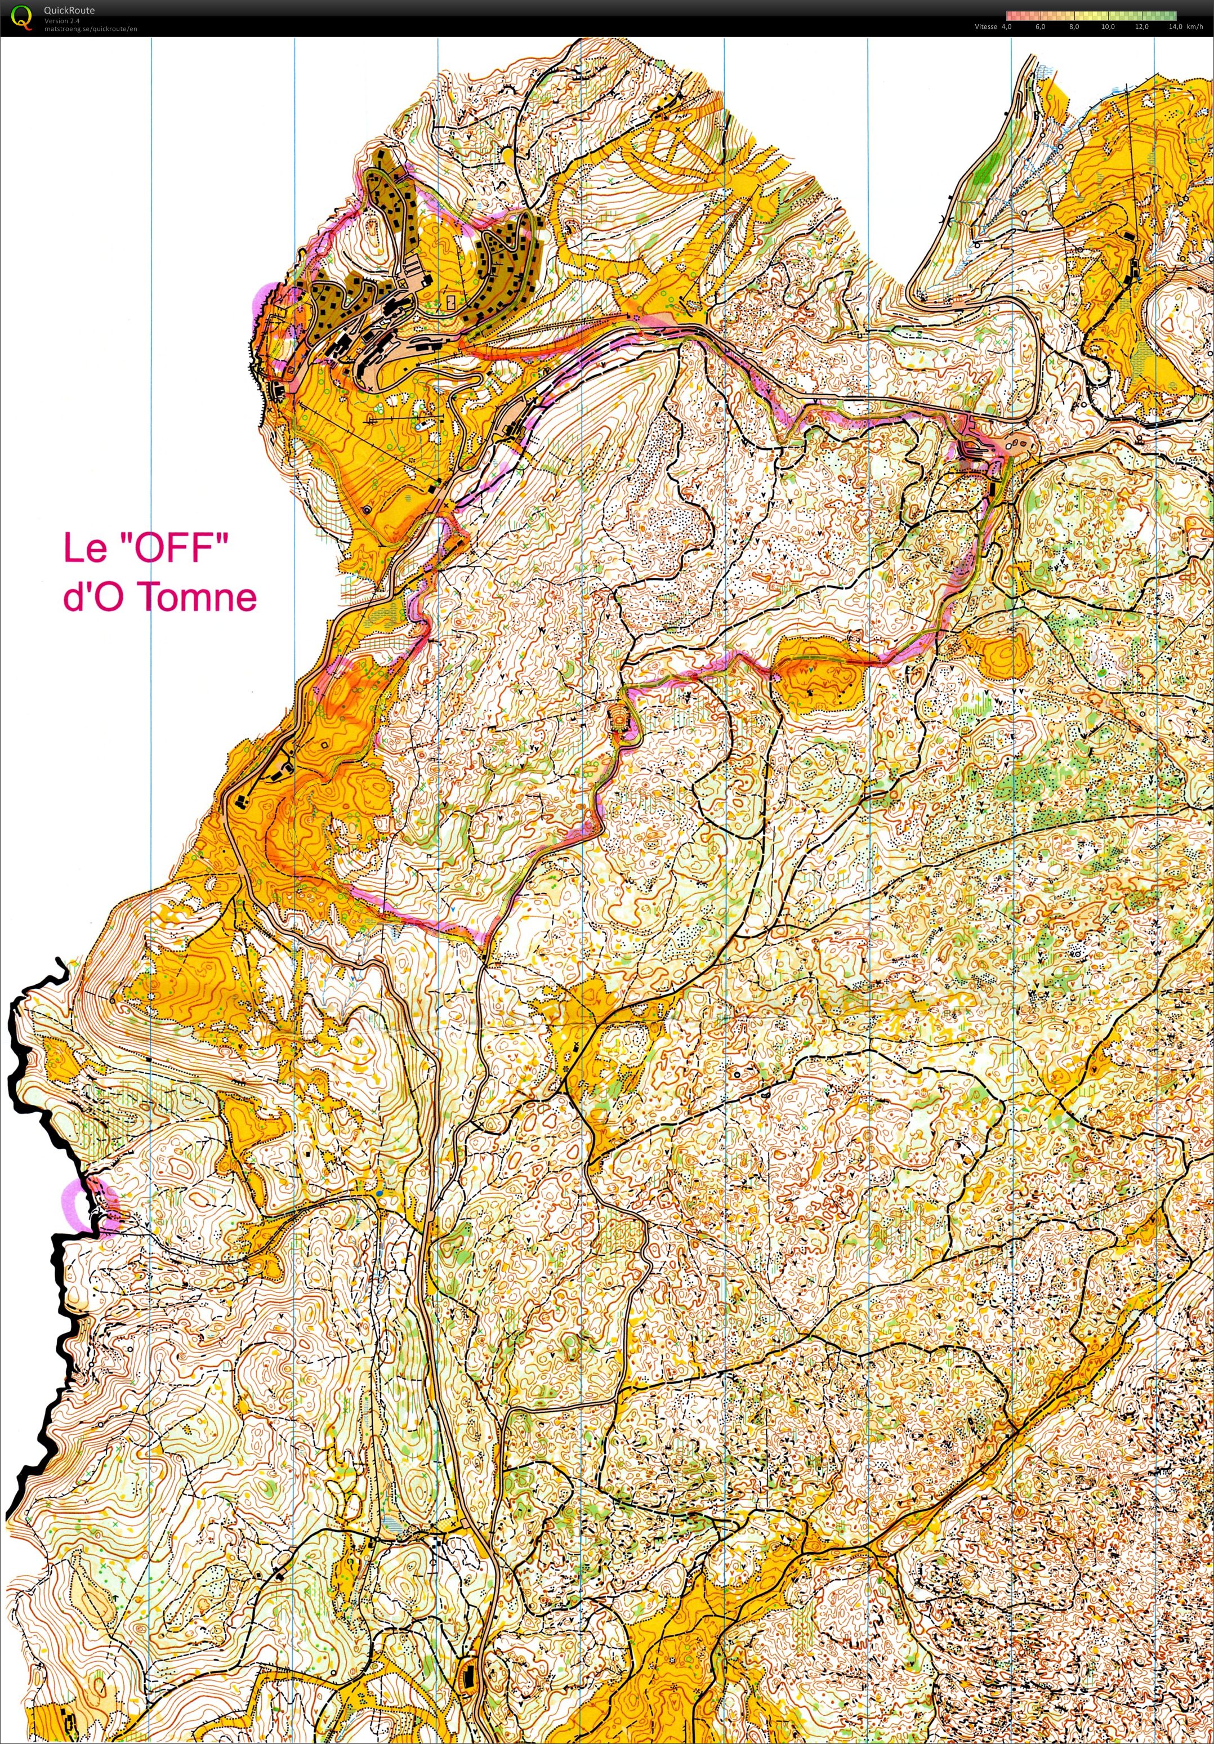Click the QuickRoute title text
click(69, 11)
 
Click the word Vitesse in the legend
click(985, 26)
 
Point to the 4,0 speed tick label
click(1007, 26)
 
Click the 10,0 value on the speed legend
click(1108, 26)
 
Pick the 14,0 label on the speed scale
click(1175, 26)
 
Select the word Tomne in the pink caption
click(199, 596)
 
